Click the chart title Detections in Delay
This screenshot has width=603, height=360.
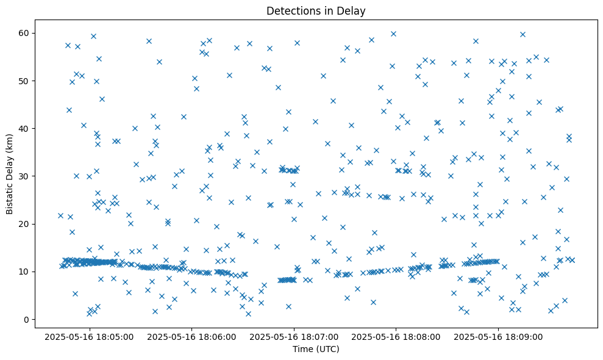316,10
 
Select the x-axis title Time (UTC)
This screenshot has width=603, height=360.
316,349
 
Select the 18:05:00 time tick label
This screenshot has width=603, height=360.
90,336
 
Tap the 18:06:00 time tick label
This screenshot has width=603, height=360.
192,336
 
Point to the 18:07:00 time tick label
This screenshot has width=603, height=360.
294,336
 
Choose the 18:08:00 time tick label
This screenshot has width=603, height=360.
397,336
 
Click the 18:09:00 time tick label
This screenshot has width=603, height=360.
499,336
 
